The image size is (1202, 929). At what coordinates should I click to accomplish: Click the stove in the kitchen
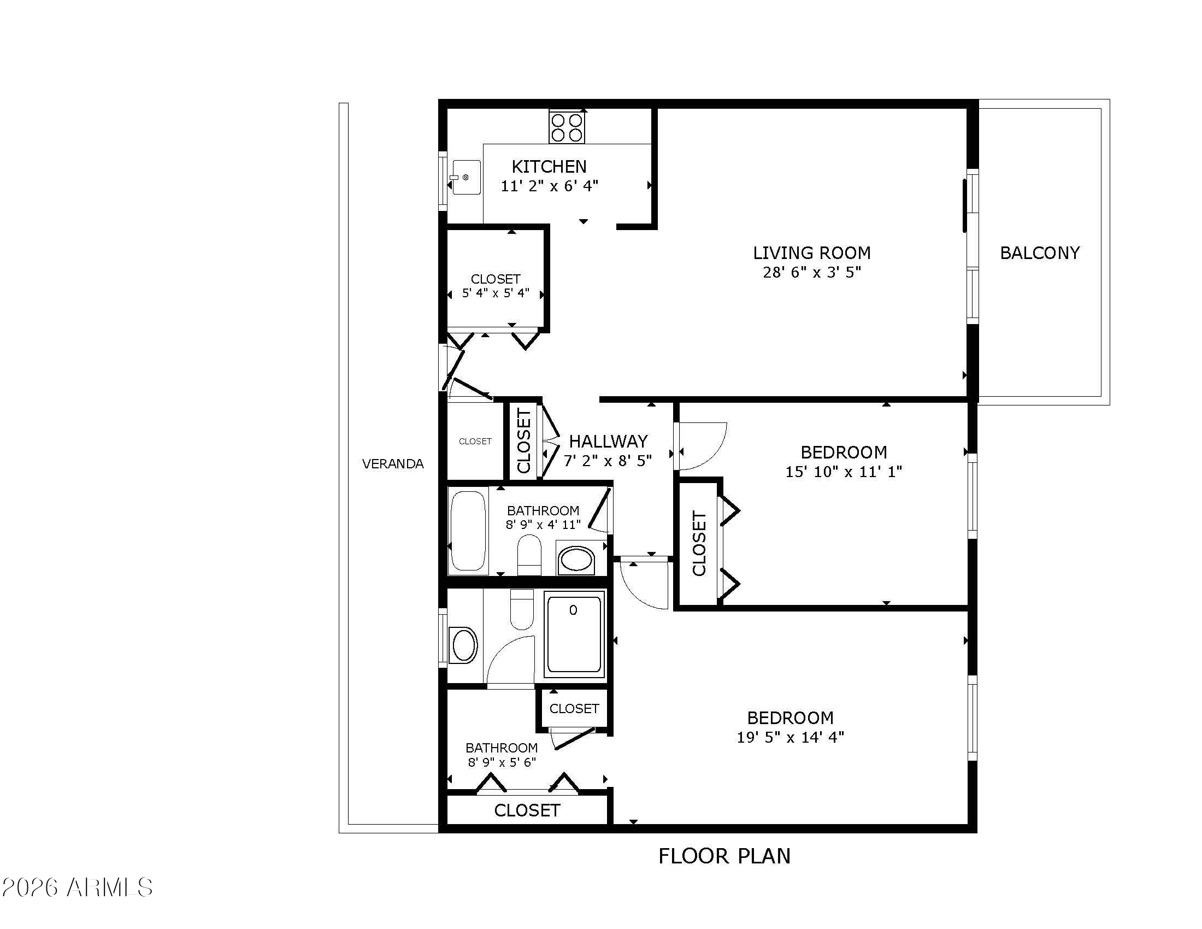click(567, 127)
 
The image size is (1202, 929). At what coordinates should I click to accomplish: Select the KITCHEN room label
click(549, 166)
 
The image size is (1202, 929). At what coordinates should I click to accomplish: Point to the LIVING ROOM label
click(812, 252)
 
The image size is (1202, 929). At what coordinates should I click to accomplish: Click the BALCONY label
click(1040, 252)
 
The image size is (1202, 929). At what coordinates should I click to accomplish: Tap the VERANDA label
click(393, 464)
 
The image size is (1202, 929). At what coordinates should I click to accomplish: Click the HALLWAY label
click(608, 441)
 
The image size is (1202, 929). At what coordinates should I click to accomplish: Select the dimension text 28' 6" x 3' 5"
click(812, 272)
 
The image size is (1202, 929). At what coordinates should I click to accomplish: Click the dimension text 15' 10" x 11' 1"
click(844, 472)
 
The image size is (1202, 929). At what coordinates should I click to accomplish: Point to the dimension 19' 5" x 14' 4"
click(791, 737)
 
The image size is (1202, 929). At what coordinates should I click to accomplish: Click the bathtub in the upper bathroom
click(469, 532)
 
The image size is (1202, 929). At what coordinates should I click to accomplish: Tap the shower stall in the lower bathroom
click(574, 634)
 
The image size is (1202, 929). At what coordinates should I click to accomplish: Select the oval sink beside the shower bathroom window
click(463, 644)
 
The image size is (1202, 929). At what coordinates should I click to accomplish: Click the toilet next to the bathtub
click(529, 555)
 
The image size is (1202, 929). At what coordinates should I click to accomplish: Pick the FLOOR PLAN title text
click(724, 856)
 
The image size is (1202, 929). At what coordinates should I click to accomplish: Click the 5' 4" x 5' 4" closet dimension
click(496, 293)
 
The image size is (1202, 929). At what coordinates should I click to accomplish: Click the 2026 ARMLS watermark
click(77, 887)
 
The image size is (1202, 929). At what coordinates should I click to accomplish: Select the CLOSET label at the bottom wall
click(527, 810)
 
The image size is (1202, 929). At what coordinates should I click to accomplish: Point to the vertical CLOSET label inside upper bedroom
click(699, 544)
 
